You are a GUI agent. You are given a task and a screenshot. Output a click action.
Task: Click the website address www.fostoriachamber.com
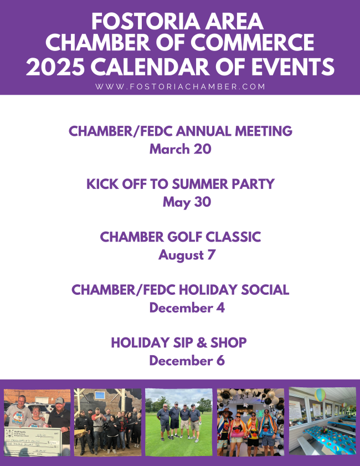(180, 86)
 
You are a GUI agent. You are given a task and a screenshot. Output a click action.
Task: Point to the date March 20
(181, 149)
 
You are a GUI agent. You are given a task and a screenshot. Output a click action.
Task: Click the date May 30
(187, 202)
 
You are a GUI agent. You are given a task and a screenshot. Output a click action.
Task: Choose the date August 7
(187, 255)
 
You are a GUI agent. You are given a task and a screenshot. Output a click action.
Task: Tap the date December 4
(187, 308)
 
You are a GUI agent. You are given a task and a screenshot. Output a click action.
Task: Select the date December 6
(187, 361)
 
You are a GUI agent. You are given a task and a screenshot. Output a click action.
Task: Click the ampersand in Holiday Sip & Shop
(202, 342)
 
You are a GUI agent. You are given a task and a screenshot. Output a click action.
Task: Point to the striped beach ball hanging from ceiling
(320, 395)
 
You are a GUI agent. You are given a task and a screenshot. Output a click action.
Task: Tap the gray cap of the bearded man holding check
(59, 400)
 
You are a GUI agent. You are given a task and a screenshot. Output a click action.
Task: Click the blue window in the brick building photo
(100, 395)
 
